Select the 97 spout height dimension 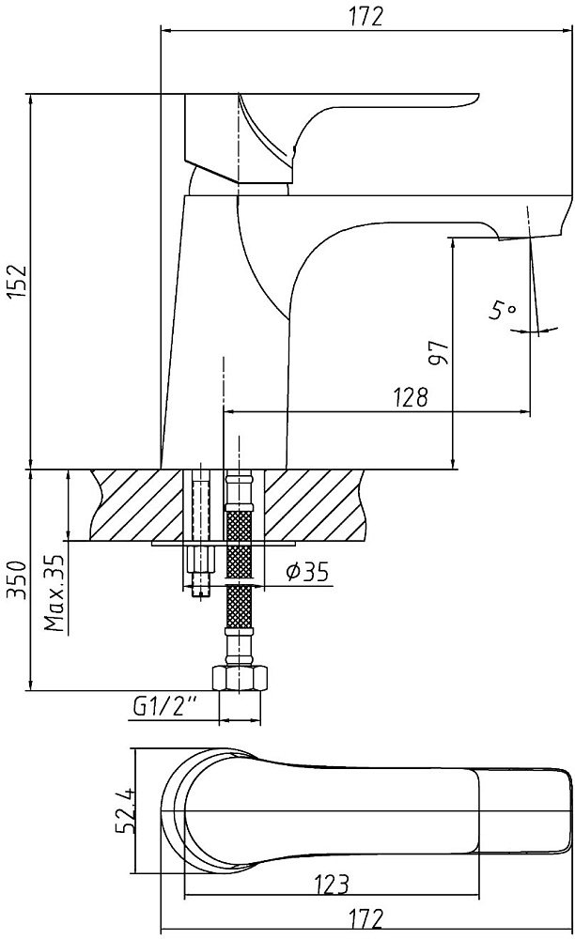coord(439,353)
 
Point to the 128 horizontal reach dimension coord(411,397)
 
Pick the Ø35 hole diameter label coord(307,573)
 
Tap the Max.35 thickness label coord(54,593)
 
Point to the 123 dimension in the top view coord(330,884)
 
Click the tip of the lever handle coord(478,96)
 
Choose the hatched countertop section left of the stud coord(139,505)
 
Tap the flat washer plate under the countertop coord(225,544)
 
